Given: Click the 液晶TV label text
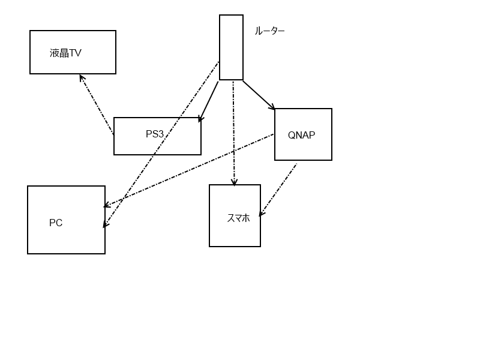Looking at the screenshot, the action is click(x=65, y=53).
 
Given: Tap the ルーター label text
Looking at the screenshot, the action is click(x=269, y=31).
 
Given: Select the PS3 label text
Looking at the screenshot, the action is click(x=155, y=134).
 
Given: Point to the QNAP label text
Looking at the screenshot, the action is click(x=302, y=135).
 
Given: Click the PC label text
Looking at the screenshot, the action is click(x=56, y=223).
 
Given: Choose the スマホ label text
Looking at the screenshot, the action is click(x=238, y=218).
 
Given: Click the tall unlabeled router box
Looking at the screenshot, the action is click(x=231, y=47).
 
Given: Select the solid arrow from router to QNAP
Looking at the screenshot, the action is click(x=259, y=95).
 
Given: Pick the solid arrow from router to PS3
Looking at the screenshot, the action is click(x=209, y=101).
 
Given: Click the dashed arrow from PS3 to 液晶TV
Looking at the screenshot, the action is click(x=97, y=104).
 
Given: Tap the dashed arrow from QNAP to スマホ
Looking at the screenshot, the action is click(x=278, y=190).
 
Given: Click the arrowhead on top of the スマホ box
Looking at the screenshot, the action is click(x=234, y=182).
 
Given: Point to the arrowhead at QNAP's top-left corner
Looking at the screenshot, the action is click(x=272, y=107).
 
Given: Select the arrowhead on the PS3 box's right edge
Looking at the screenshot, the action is click(x=200, y=119).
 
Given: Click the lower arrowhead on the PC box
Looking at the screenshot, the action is click(x=106, y=224).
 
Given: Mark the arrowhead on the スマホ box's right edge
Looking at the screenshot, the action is click(x=262, y=213).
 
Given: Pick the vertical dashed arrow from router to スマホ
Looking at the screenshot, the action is click(x=234, y=133).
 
